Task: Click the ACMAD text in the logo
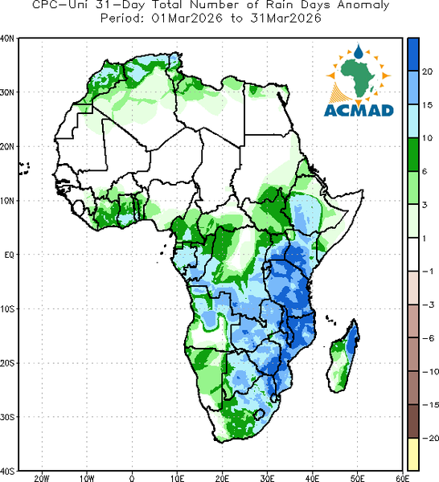359,110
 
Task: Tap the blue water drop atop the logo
358,51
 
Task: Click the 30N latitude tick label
7,92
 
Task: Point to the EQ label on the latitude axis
9,255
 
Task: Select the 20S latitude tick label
7,363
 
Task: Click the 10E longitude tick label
177,478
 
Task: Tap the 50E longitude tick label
357,478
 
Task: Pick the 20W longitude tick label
42,478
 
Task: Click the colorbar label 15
427,105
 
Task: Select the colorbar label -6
429,338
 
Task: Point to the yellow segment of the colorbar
413,454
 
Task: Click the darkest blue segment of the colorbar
413,55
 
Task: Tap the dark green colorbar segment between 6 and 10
413,154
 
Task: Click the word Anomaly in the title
363,6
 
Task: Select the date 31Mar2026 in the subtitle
285,18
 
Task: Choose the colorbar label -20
430,438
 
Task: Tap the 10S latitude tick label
7,309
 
